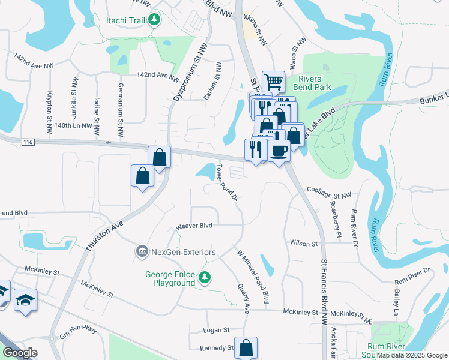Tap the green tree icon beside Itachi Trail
tap(155, 20)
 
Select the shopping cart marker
tap(273, 82)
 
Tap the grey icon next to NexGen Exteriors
tap(142, 250)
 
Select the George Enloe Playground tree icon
tap(205, 277)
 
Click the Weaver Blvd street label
tap(194, 226)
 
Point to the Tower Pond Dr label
tap(229, 181)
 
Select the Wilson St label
tap(303, 244)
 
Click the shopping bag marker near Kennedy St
tap(246, 347)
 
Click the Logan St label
tap(217, 330)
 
